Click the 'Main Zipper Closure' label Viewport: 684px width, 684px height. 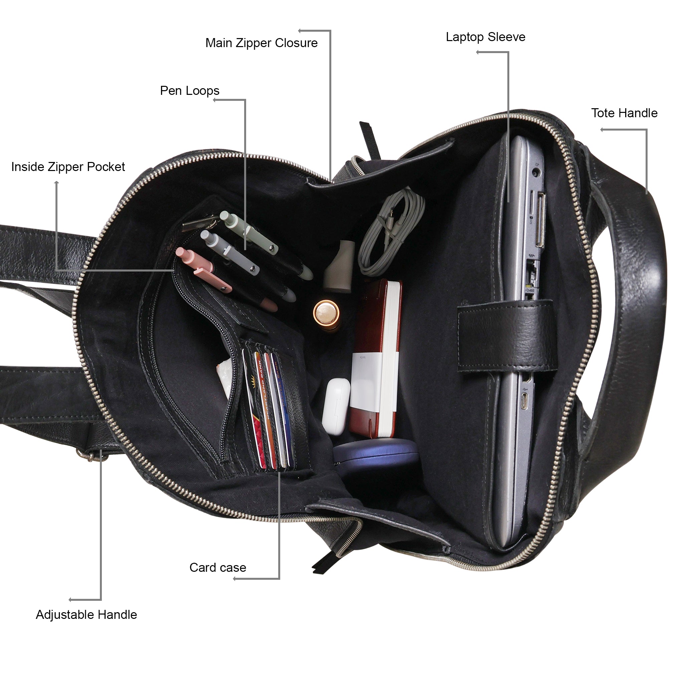pyautogui.click(x=261, y=43)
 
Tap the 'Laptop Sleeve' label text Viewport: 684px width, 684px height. pyautogui.click(x=485, y=37)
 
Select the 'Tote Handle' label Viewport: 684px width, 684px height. pyautogui.click(x=624, y=113)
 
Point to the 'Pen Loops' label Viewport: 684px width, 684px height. pyautogui.click(x=189, y=91)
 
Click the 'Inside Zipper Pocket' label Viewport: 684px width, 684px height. pyautogui.click(x=68, y=167)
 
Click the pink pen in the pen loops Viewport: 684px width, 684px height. pyautogui.click(x=205, y=269)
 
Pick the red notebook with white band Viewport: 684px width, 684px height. pyautogui.click(x=375, y=358)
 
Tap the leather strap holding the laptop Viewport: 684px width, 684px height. pyautogui.click(x=506, y=335)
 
